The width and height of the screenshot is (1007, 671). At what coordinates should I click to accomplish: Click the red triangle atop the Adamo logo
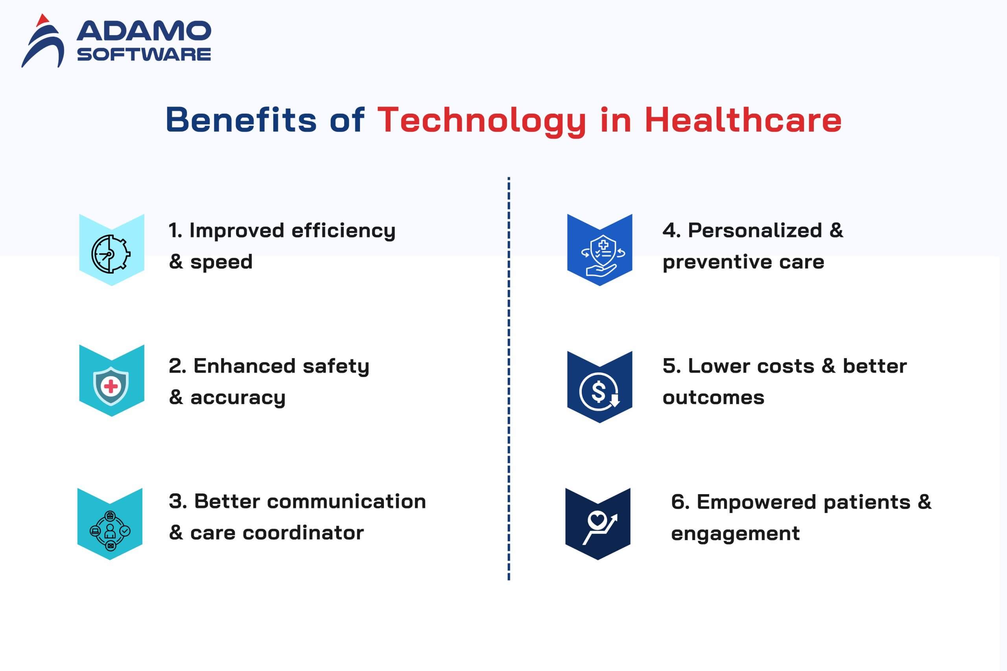tap(43, 20)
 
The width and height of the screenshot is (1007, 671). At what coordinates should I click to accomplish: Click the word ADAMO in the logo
tap(144, 31)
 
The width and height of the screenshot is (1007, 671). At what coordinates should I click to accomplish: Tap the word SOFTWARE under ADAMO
tap(144, 54)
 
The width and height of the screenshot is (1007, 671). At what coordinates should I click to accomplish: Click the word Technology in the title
tap(481, 121)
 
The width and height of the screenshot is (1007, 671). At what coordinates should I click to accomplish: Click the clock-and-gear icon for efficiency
tap(111, 254)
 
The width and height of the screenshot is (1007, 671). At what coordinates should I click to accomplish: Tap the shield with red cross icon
tap(111, 386)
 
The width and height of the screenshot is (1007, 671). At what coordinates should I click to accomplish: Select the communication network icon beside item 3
tap(110, 531)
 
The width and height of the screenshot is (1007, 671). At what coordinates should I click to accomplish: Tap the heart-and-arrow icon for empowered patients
tap(600, 528)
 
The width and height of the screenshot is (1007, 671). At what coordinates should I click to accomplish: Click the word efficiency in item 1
tap(343, 232)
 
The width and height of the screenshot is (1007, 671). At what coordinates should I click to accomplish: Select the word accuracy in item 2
tap(238, 398)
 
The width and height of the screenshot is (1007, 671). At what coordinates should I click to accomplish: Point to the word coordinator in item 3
tap(303, 533)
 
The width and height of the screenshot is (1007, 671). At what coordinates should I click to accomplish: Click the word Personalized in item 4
tap(755, 231)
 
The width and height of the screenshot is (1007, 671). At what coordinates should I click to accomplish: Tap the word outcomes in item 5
tap(713, 398)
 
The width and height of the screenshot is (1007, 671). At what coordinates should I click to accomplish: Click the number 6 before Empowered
tap(678, 502)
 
